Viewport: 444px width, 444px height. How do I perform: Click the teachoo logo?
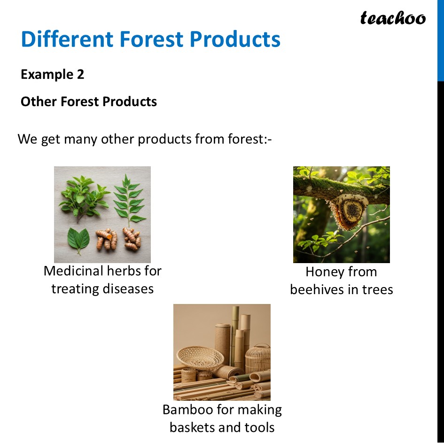tap(393, 18)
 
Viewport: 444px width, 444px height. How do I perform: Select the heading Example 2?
tap(52, 74)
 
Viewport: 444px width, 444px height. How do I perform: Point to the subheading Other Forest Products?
tap(89, 102)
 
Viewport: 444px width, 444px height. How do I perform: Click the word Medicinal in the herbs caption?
tap(73, 271)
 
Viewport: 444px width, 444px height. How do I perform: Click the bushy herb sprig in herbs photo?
tap(83, 194)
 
